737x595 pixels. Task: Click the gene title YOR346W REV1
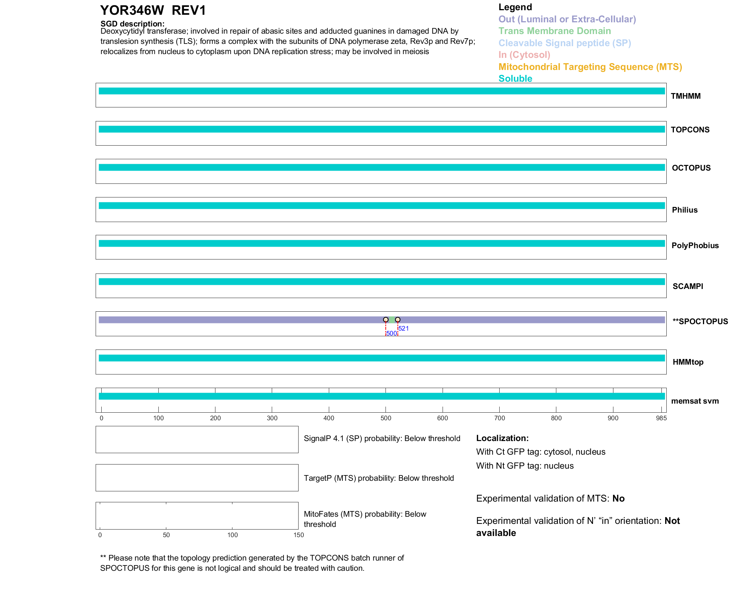tap(153, 11)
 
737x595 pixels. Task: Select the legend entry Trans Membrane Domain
tap(554, 31)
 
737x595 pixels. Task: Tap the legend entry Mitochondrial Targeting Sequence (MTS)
tap(590, 67)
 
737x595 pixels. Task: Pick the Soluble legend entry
tap(515, 79)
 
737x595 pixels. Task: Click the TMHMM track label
tap(686, 96)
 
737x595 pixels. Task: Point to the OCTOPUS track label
tap(691, 168)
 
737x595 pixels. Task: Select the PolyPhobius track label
tap(695, 245)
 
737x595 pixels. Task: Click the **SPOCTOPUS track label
tap(700, 322)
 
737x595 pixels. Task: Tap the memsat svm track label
tap(695, 401)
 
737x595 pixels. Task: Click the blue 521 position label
tap(404, 328)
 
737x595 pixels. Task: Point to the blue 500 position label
tap(392, 333)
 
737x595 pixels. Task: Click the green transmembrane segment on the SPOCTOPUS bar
tap(392, 320)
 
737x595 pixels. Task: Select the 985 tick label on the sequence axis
tap(661, 418)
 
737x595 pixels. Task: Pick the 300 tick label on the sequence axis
tap(272, 418)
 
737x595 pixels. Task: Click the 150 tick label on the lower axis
tap(299, 535)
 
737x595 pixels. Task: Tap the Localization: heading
tap(502, 438)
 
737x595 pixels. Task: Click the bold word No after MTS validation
tap(618, 499)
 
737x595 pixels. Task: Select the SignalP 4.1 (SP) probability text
tap(382, 438)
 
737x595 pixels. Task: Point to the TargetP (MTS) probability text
tap(379, 478)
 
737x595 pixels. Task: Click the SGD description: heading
tap(132, 24)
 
